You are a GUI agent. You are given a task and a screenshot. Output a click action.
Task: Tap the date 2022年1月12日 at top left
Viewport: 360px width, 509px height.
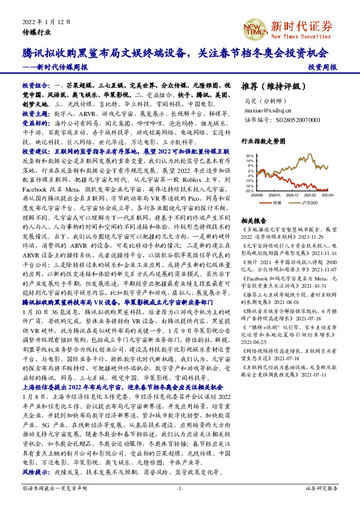tap(43, 22)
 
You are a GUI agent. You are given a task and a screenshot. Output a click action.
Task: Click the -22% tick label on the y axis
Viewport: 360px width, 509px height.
tap(249, 190)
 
